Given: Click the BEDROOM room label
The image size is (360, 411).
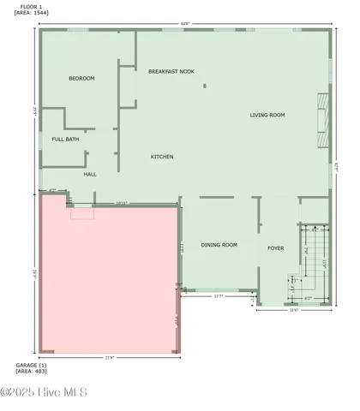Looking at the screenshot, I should pyautogui.click(x=81, y=78).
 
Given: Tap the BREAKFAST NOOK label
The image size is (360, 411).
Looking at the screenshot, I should pyautogui.click(x=171, y=71).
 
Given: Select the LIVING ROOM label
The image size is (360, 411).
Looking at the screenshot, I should pyautogui.click(x=267, y=115).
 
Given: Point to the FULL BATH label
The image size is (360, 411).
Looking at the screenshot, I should pyautogui.click(x=65, y=139).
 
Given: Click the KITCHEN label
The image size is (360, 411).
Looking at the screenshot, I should pyautogui.click(x=162, y=157).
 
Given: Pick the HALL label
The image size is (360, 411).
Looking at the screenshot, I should pyautogui.click(x=90, y=174).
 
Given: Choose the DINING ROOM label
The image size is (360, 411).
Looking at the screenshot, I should pyautogui.click(x=219, y=245).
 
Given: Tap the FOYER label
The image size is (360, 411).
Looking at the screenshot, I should pyautogui.click(x=275, y=248).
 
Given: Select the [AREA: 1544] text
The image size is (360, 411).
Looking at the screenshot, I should pyautogui.click(x=30, y=14).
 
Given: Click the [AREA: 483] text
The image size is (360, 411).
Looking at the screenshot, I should pyautogui.click(x=30, y=372).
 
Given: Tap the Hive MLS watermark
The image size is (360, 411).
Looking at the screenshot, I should pyautogui.click(x=45, y=393).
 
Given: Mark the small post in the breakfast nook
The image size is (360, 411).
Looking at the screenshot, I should pyautogui.click(x=204, y=86).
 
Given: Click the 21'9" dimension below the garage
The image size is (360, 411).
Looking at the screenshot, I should pyautogui.click(x=110, y=357).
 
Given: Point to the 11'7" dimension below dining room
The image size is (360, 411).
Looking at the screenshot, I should pyautogui.click(x=218, y=296).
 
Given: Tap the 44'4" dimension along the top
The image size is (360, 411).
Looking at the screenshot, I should pyautogui.click(x=185, y=24).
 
